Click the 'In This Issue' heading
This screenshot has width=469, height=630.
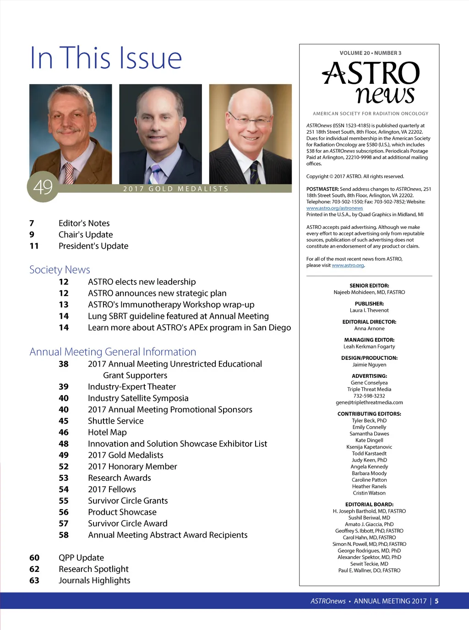tap(106, 58)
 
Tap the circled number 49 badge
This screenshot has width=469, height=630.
tap(43, 187)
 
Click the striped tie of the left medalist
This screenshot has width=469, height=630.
tap(69, 173)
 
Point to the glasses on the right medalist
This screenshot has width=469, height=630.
tap(250, 120)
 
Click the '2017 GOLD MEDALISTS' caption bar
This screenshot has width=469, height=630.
tap(176, 189)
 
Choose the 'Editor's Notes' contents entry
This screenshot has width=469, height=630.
tap(84, 223)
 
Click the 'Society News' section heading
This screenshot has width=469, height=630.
tap(60, 270)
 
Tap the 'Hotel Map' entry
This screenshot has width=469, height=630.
tap(107, 432)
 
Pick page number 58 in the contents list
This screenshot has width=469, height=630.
tap(64, 535)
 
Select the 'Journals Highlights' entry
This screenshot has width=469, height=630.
tap(94, 581)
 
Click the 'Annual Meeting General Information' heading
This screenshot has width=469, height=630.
tap(113, 352)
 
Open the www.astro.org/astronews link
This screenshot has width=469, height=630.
tap(334, 208)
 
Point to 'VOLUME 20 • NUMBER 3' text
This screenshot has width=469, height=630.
tap(370, 53)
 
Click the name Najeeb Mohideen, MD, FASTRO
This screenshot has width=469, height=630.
tap(369, 292)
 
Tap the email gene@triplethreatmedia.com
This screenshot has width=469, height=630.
tap(369, 402)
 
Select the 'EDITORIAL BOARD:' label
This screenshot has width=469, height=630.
tap(369, 505)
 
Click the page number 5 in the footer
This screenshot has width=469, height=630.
tap(436, 601)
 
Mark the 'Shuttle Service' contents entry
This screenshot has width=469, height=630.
tap(115, 421)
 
